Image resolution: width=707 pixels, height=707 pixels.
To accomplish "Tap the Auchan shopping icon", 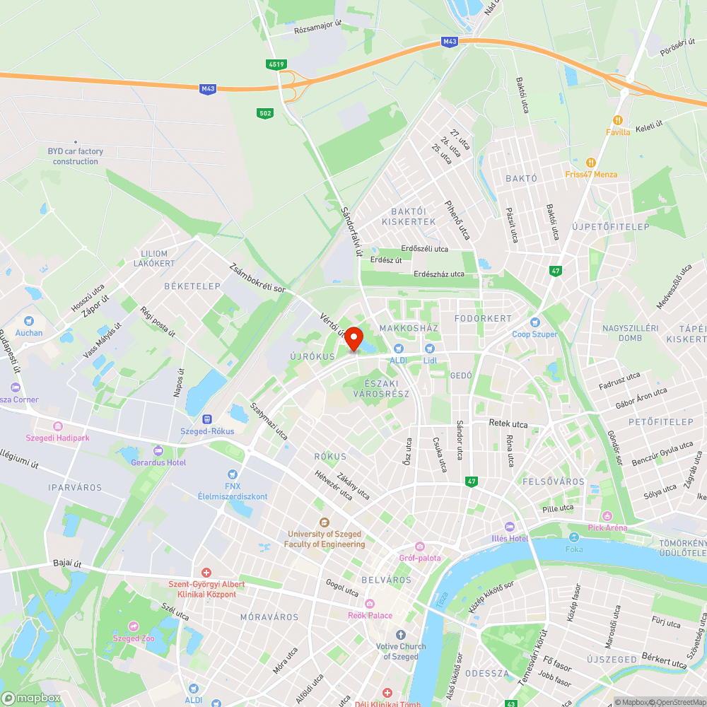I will (x=29, y=321).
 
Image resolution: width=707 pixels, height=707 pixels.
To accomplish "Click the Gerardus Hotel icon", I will (x=158, y=450).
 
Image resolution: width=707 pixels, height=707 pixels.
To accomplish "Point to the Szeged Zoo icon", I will (x=134, y=626).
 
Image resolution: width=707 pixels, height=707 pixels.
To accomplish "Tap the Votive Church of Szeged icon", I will (x=401, y=635).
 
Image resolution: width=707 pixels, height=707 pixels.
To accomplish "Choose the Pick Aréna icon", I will (x=607, y=516).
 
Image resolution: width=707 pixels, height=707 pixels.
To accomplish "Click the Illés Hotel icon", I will (x=510, y=527).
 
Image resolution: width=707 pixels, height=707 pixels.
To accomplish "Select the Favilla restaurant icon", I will (x=618, y=120).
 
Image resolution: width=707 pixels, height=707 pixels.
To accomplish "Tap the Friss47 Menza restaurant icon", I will (x=591, y=163).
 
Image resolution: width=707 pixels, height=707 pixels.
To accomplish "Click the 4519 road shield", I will (x=276, y=64).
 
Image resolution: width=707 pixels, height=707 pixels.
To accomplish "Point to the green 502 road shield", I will (x=264, y=113).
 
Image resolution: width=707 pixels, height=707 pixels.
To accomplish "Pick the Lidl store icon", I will (x=429, y=349).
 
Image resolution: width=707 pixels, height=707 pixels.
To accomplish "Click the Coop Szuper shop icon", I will (x=535, y=322).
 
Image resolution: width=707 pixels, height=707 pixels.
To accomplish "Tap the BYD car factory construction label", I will (x=76, y=156).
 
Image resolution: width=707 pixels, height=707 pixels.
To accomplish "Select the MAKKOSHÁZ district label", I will (x=409, y=328).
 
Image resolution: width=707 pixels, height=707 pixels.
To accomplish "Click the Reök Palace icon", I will (x=370, y=604).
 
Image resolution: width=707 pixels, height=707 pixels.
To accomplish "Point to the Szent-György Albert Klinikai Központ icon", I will (x=206, y=572).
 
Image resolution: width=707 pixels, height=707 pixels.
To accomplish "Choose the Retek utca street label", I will (x=508, y=423).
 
